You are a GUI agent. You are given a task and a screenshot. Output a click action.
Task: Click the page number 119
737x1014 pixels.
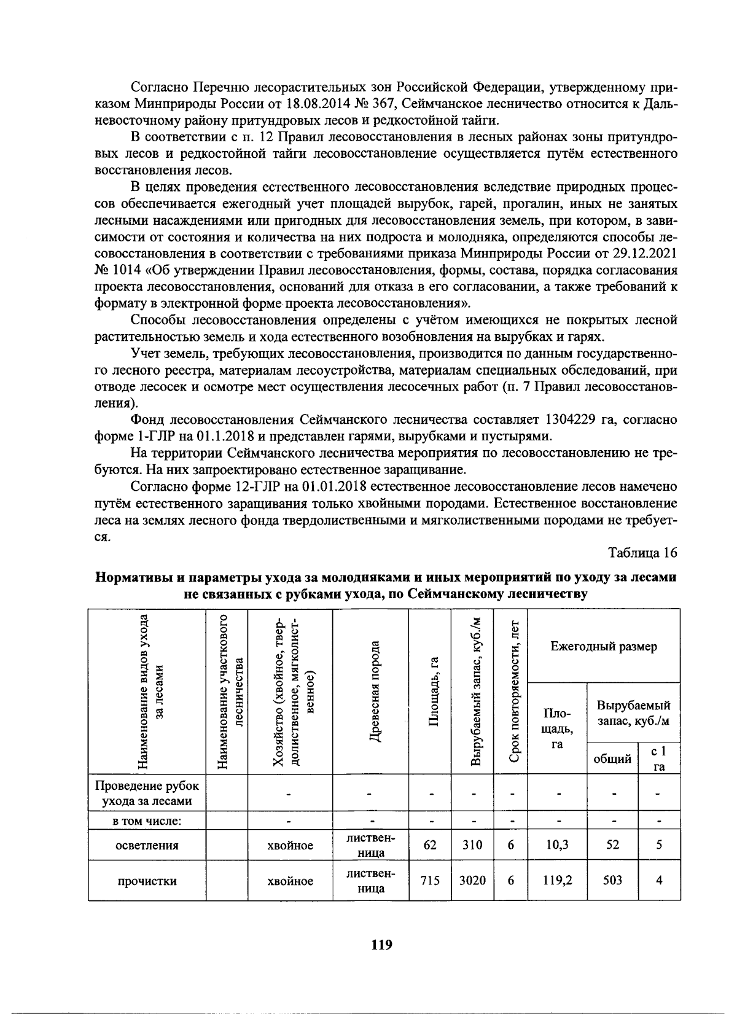tap(381, 945)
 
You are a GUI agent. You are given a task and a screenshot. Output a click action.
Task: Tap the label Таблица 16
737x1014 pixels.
tap(642, 553)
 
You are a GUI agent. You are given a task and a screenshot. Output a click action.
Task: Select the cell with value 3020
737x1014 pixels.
tap(472, 880)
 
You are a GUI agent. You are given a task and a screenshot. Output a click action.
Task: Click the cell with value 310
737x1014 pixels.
tap(472, 844)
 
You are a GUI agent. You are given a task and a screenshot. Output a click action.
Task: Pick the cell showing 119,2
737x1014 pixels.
tap(558, 880)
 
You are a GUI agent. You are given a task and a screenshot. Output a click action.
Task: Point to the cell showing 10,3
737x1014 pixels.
tap(558, 844)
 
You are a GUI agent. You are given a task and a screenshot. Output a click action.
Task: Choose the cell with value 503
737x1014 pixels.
tap(612, 880)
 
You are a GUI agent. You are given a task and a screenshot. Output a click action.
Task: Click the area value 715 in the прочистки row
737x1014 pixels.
tap(430, 880)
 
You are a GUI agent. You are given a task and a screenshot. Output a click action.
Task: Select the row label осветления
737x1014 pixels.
tap(147, 845)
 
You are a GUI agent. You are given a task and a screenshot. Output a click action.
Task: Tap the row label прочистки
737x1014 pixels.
tap(147, 881)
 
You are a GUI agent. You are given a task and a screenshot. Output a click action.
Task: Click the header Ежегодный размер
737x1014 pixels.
tap(603, 646)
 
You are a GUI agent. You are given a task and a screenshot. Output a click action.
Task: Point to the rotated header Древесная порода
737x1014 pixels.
tap(371, 691)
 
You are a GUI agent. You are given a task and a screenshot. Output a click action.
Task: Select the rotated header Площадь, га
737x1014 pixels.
tap(431, 691)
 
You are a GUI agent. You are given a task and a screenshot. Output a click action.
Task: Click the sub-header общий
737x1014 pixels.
tap(612, 759)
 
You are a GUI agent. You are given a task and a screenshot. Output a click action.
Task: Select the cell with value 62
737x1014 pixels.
tap(430, 844)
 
